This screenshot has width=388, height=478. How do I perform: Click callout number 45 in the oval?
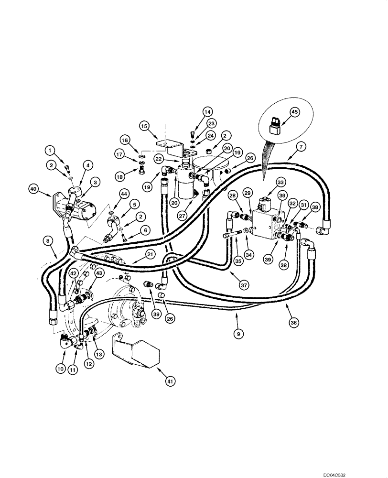[x=295, y=113]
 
